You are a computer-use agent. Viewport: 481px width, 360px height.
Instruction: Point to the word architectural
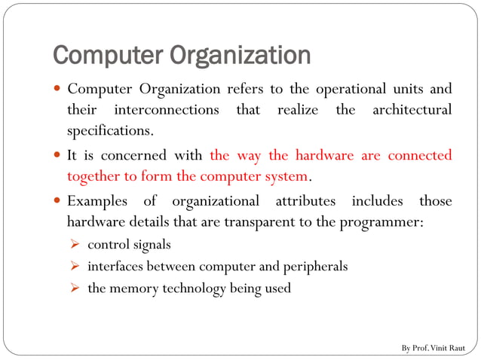tap(412, 110)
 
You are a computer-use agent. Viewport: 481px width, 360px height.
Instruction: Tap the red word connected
tap(420, 156)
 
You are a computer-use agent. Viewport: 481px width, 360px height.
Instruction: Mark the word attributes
tap(304, 201)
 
